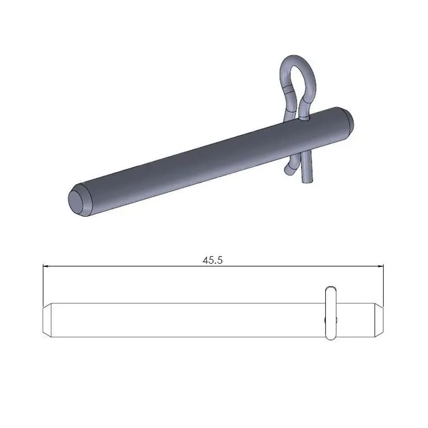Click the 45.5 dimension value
tap(213, 260)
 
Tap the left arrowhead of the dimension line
tap(46, 267)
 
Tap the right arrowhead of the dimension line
tap(382, 267)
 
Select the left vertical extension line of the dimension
tap(43, 285)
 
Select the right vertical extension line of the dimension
tap(386, 285)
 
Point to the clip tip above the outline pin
tap(330, 290)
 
